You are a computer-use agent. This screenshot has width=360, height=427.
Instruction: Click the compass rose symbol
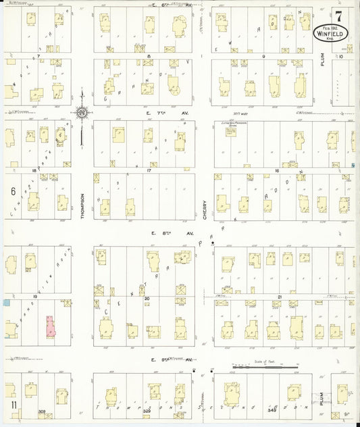click(x=82, y=111)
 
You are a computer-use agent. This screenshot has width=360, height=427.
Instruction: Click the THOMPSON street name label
click(x=82, y=201)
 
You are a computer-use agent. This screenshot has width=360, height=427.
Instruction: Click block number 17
click(x=148, y=171)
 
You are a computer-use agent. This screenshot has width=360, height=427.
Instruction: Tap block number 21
click(x=279, y=297)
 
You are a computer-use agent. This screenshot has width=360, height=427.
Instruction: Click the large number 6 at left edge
click(x=12, y=191)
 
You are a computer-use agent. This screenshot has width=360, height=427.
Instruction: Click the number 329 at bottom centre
click(x=147, y=411)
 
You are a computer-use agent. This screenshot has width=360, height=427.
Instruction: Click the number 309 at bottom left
click(x=43, y=411)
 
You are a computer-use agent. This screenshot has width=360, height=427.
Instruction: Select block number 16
click(x=277, y=171)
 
